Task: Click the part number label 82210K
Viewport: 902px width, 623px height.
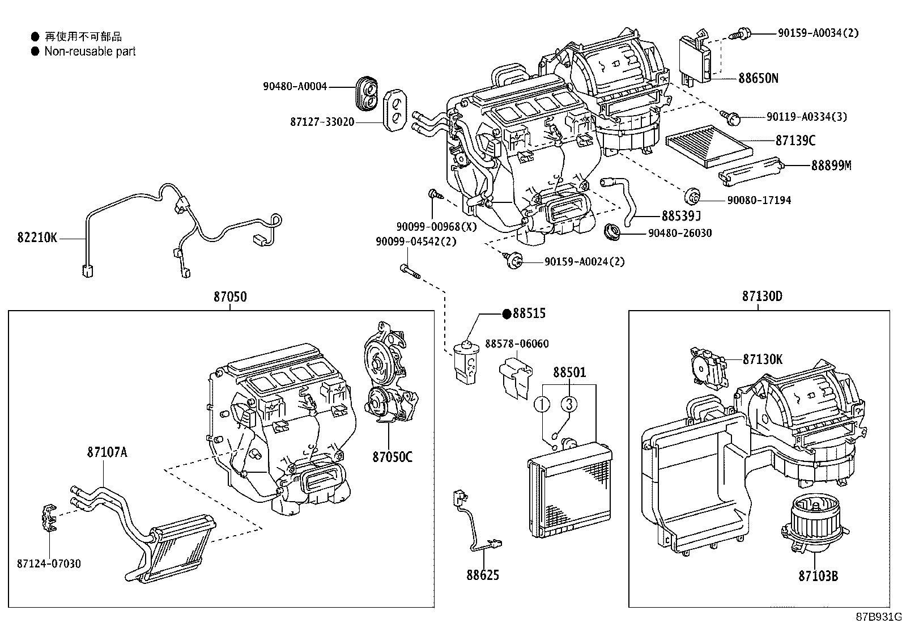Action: coord(37,238)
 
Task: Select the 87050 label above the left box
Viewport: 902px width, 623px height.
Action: coord(230,296)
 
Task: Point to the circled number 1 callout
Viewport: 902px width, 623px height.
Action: coord(543,404)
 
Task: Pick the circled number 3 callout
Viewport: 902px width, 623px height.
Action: coord(569,404)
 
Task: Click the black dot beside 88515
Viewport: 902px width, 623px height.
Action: coord(507,313)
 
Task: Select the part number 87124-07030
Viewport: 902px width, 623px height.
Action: coord(49,563)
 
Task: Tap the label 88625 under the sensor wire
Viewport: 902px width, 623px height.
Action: coord(483,575)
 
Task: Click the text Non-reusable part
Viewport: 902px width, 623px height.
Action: coord(90,52)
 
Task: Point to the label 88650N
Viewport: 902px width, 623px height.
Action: coord(758,78)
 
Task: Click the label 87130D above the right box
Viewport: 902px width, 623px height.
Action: coord(762,296)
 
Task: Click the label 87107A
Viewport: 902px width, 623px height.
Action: coord(107,452)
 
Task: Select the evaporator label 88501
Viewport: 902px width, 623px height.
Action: coord(569,372)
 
